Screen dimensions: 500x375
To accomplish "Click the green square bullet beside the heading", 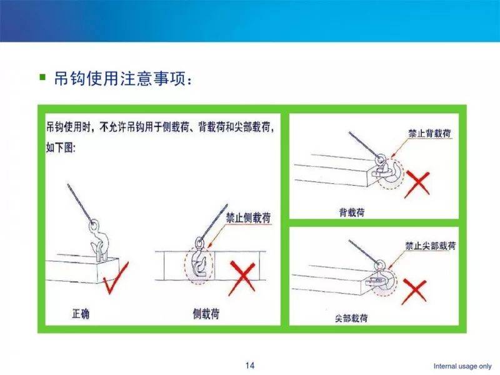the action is [42, 77].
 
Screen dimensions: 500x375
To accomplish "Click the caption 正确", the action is [81, 314].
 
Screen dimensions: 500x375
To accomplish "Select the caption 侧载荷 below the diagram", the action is [206, 314].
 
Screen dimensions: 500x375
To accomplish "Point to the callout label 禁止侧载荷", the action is [248, 218].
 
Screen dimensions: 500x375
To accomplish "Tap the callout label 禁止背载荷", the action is [429, 133].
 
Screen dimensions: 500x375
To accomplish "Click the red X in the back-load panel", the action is [417, 184].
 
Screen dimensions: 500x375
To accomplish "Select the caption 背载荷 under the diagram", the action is [352, 212].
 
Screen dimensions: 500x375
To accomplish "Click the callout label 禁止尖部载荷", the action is [430, 246].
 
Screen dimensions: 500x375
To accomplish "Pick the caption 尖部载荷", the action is [351, 318].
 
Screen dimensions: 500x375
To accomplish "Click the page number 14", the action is [249, 366].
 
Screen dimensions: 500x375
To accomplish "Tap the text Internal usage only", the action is [462, 366].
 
